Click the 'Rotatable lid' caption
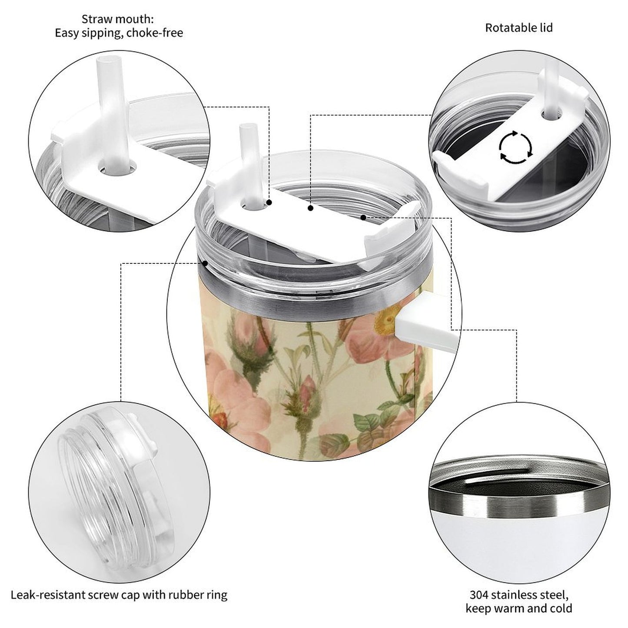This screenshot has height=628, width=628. click(x=518, y=28)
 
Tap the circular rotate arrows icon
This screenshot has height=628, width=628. click(x=515, y=147)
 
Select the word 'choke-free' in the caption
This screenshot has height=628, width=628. click(x=155, y=33)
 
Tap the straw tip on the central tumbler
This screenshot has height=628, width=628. click(x=246, y=129)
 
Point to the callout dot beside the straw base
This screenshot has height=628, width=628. click(x=269, y=202)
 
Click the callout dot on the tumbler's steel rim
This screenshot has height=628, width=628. click(x=205, y=262)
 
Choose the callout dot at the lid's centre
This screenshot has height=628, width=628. click(x=310, y=209)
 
